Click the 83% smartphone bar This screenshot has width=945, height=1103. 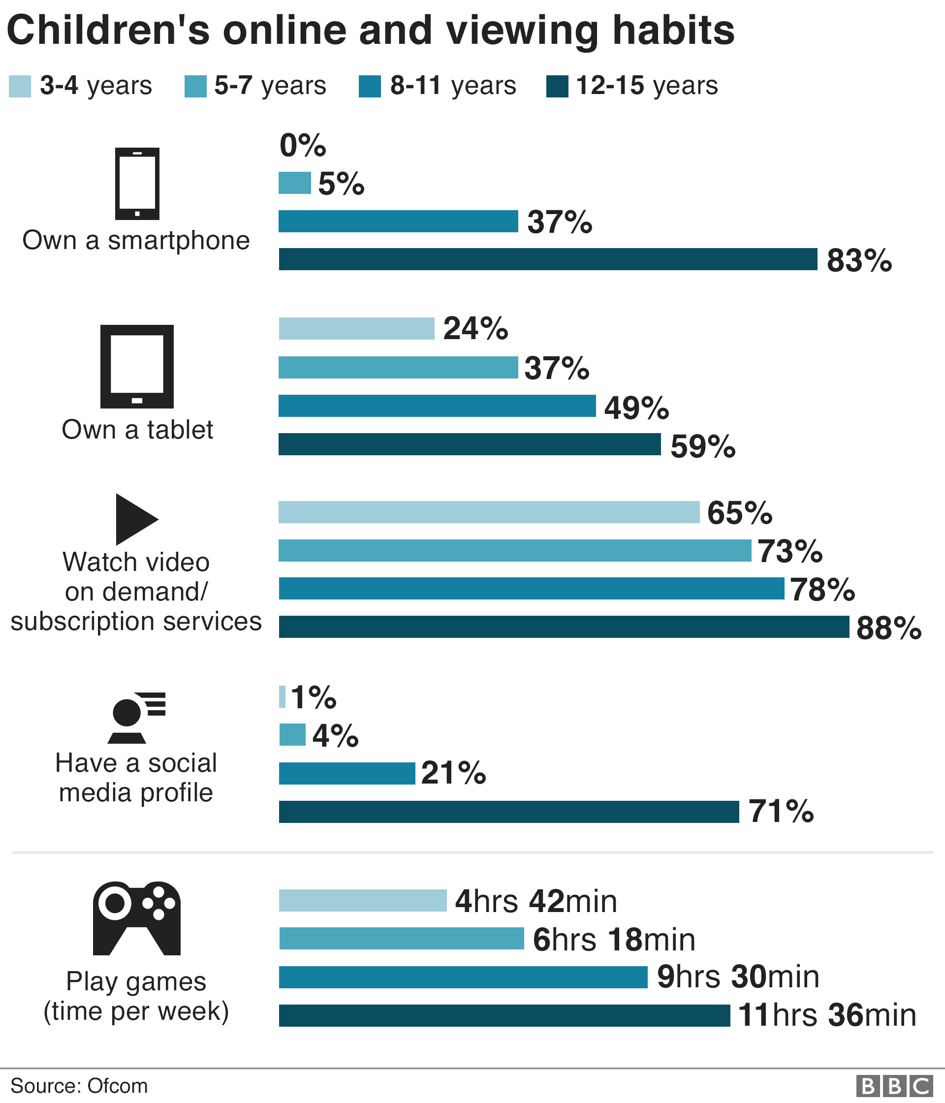(x=548, y=259)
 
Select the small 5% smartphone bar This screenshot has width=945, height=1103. (x=294, y=183)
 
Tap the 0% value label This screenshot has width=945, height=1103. (x=302, y=145)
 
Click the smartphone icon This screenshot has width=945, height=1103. (x=137, y=184)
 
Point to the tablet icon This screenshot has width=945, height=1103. (x=137, y=366)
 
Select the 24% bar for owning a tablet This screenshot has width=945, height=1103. (x=356, y=328)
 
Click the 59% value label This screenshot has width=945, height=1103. (x=703, y=446)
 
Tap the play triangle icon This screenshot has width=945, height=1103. (x=136, y=519)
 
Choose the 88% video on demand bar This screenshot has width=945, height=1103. (x=564, y=627)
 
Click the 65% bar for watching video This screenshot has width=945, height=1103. (x=489, y=512)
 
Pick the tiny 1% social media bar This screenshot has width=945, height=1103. (x=282, y=697)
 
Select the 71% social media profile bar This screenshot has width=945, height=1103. (x=508, y=812)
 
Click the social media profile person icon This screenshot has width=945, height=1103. (x=136, y=718)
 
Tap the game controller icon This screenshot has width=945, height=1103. (x=137, y=918)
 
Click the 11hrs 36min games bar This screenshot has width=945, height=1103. (x=504, y=1015)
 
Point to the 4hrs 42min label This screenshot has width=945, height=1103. (x=535, y=901)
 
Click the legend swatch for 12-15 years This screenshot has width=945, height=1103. (x=557, y=86)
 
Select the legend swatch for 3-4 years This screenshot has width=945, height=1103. (x=20, y=86)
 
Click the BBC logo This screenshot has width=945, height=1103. (x=894, y=1086)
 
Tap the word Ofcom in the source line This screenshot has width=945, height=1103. (x=117, y=1086)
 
